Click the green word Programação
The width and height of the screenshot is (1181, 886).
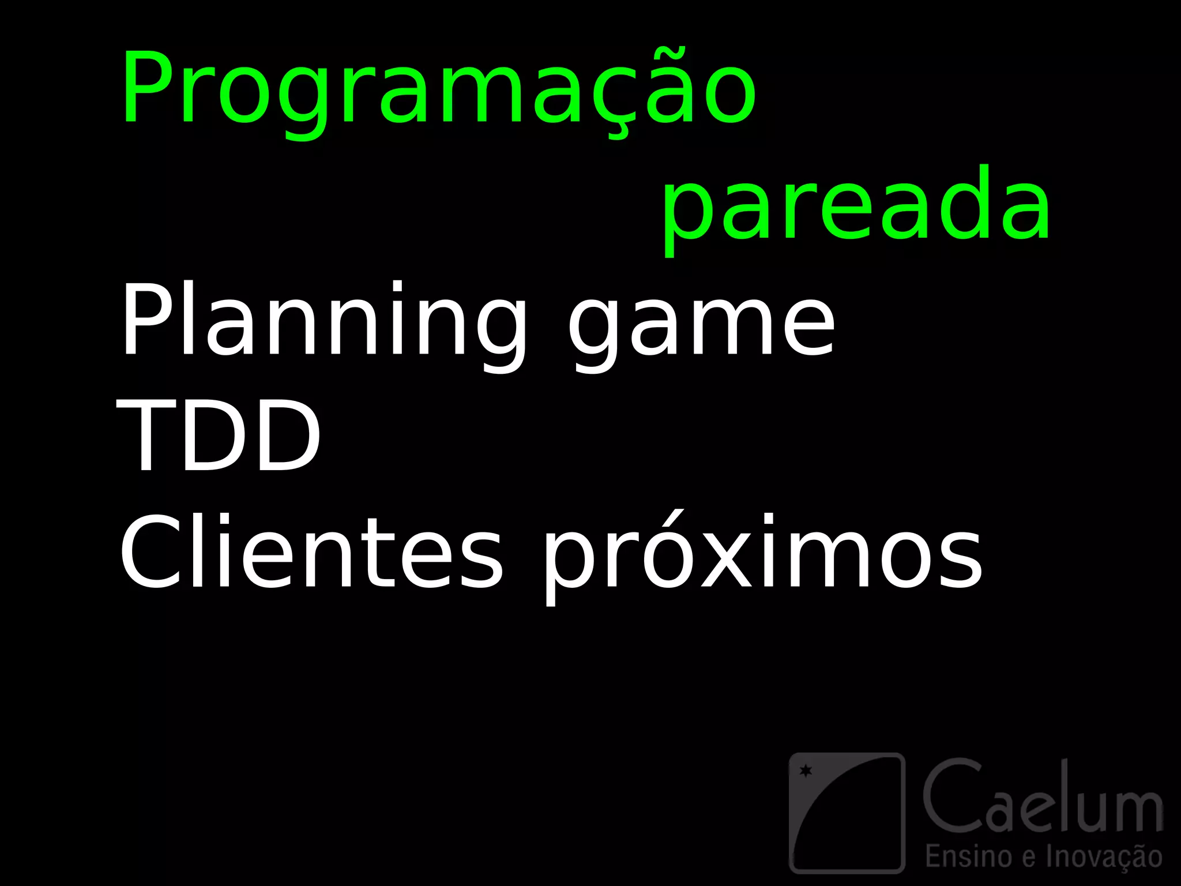pos(438,89)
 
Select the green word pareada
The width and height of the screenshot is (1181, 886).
pos(856,208)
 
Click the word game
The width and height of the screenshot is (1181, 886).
pos(701,326)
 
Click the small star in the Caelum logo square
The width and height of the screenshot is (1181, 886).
pos(806,770)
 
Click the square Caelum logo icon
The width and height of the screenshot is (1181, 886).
pos(846,812)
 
